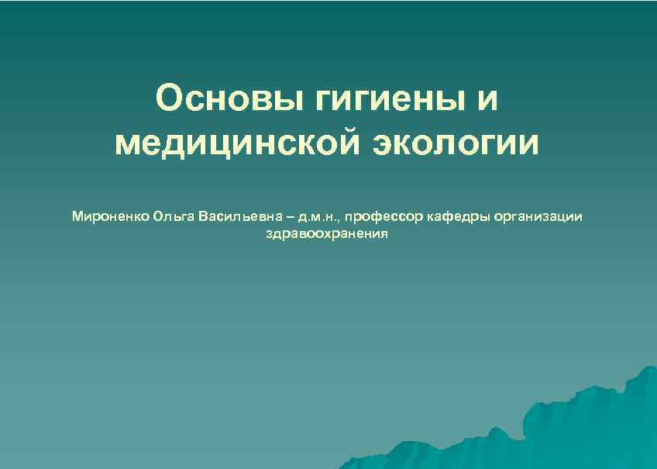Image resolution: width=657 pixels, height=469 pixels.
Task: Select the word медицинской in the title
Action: (x=235, y=144)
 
